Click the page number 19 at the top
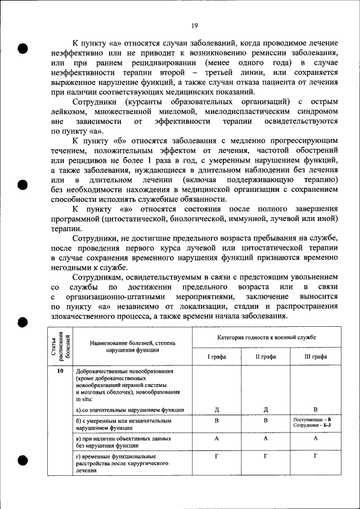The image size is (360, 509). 194,25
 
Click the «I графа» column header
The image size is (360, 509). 216,357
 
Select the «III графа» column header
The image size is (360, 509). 314,357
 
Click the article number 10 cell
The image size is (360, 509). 61,372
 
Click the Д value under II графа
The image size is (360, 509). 265,409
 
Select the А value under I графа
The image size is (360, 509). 216,438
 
